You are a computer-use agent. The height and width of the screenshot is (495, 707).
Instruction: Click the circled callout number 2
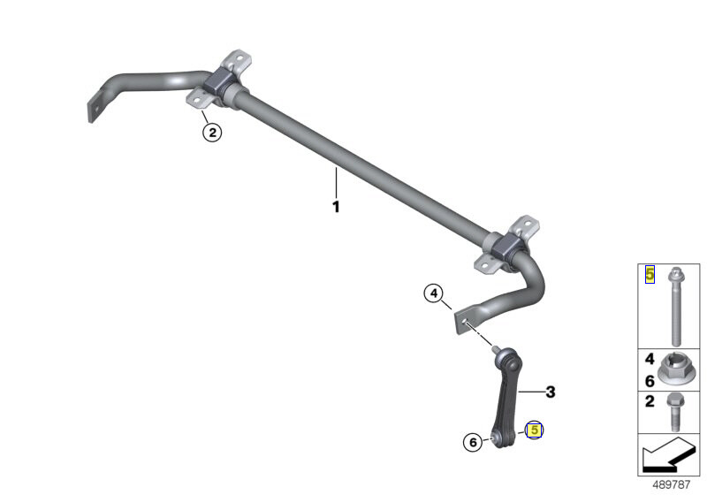point(212,132)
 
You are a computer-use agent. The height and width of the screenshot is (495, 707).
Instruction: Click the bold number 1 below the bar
point(336,207)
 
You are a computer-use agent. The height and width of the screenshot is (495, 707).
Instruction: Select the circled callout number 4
point(433,293)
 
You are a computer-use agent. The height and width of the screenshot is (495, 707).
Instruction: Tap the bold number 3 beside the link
point(550,392)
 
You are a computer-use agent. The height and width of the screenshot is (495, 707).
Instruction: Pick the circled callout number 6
point(473,442)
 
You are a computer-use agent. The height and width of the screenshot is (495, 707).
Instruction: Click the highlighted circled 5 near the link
point(535,430)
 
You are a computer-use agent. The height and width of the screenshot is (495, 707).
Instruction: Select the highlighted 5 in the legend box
point(650,274)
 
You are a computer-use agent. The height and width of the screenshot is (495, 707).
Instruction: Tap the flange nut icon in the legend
point(674,369)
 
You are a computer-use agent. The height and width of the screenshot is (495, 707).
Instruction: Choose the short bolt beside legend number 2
point(674,412)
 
